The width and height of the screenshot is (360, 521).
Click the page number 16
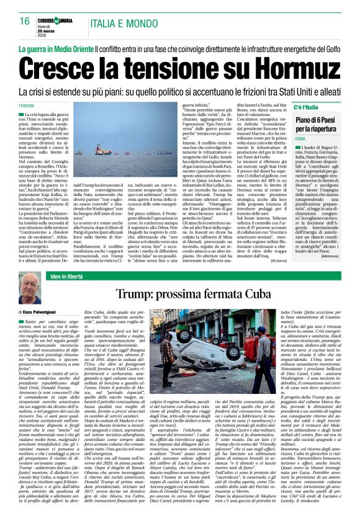coord(24,21)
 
